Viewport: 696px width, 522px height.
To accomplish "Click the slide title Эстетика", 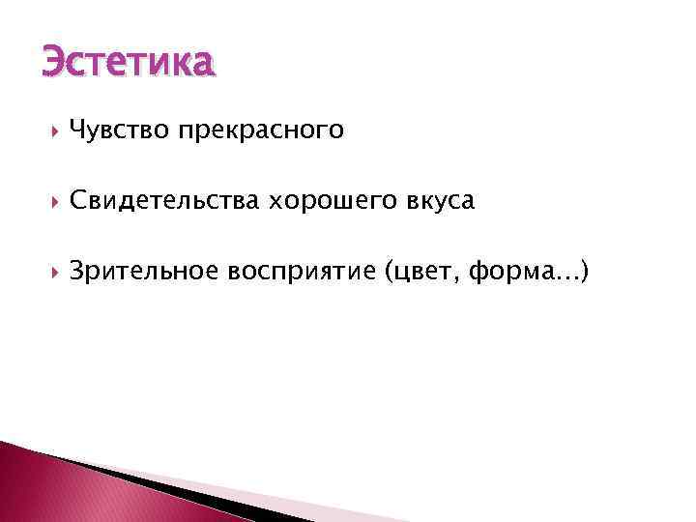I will pyautogui.click(x=126, y=61).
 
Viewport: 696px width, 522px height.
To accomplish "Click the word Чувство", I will pyautogui.click(x=120, y=130).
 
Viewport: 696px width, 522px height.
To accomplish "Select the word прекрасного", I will pyautogui.click(x=260, y=130).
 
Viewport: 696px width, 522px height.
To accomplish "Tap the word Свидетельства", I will pyautogui.click(x=163, y=201).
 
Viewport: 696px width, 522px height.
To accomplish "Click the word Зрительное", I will pyautogui.click(x=145, y=274).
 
